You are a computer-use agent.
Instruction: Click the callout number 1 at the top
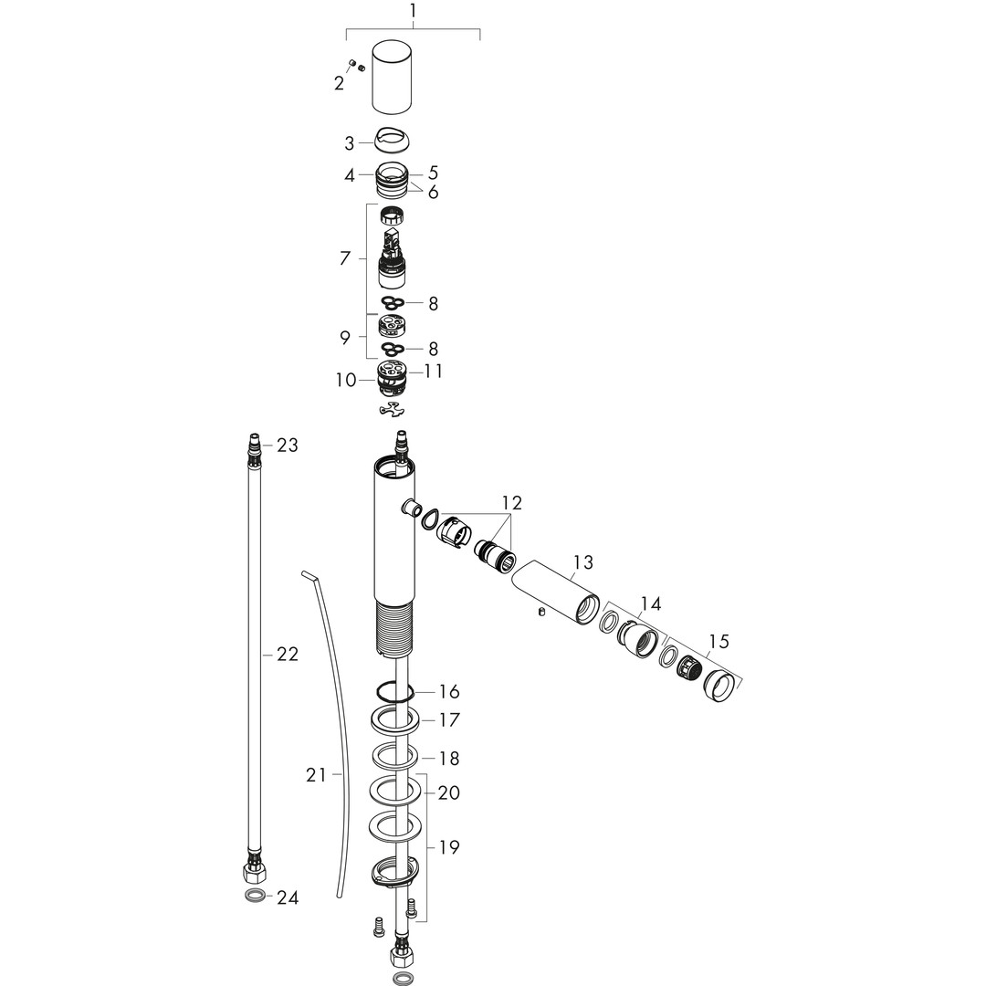(x=413, y=11)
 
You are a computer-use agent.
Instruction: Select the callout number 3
(x=350, y=143)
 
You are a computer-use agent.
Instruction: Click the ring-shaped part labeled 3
(x=392, y=140)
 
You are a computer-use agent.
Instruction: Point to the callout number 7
(x=344, y=257)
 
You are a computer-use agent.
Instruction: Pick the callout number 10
(x=346, y=380)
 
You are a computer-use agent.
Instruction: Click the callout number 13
(x=583, y=561)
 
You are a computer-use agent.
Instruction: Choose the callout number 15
(x=719, y=642)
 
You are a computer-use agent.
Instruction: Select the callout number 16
(x=449, y=692)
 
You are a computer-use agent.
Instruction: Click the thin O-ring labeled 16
(x=395, y=692)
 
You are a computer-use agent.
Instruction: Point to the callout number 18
(x=449, y=759)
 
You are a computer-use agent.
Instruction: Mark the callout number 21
(x=316, y=775)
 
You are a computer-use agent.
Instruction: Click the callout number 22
(x=288, y=655)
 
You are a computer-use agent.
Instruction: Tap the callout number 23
(x=288, y=446)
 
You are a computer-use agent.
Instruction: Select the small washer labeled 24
(x=254, y=896)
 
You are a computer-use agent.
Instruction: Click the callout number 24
(x=288, y=898)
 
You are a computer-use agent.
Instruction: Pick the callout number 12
(x=512, y=502)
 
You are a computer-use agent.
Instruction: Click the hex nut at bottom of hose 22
(x=254, y=872)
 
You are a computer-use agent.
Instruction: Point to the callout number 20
(x=449, y=793)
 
